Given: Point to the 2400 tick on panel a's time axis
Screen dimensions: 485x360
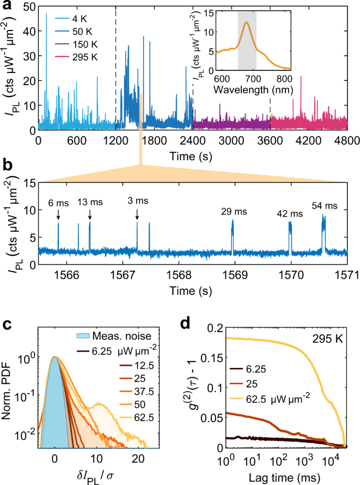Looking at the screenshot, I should [193, 141].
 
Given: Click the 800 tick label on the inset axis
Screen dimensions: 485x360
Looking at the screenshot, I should [284, 79].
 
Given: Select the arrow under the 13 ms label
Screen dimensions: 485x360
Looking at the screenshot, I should [90, 214].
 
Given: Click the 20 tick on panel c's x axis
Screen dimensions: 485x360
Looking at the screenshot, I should [138, 459].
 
